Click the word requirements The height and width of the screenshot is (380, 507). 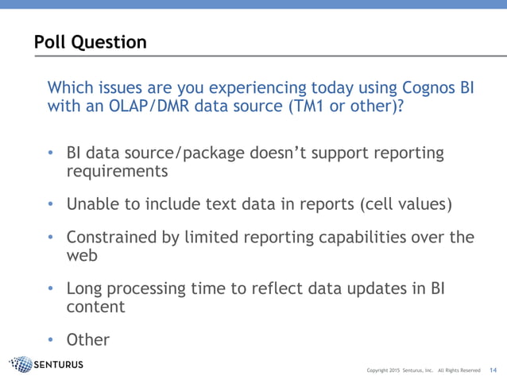[118, 171]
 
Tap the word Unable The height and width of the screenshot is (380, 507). [93, 204]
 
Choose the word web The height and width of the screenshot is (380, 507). [82, 256]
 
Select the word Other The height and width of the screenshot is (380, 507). [87, 339]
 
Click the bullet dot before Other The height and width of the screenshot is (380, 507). [50, 340]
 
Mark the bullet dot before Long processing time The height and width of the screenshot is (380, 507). [50, 289]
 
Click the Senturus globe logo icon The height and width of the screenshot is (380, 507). [21, 365]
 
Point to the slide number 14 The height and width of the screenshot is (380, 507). [493, 370]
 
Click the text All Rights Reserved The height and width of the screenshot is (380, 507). [459, 370]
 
